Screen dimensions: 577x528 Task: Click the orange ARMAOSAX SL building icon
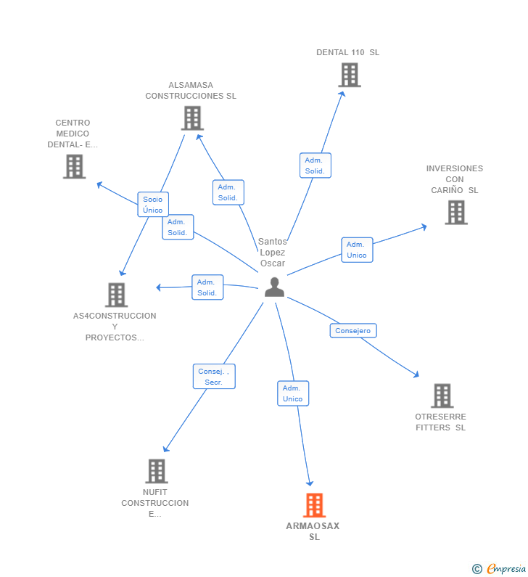(x=314, y=505)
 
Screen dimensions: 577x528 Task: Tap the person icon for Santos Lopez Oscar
(x=274, y=287)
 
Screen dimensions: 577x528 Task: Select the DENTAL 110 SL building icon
(x=349, y=75)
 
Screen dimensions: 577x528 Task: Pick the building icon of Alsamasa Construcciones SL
(x=192, y=118)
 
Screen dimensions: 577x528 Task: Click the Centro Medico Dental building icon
(x=74, y=166)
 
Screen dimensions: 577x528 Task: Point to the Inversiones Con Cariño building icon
(x=455, y=213)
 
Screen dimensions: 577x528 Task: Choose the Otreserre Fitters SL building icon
(x=442, y=396)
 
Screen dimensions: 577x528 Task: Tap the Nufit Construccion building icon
(x=156, y=471)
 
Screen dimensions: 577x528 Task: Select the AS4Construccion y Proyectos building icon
(x=116, y=295)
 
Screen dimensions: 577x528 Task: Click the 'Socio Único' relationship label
(x=153, y=205)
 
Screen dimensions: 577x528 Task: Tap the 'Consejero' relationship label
(x=353, y=331)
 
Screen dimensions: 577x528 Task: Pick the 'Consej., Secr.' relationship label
(x=213, y=377)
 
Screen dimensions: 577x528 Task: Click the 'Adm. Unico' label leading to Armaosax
(x=293, y=393)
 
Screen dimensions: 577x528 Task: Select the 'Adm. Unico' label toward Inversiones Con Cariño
(x=357, y=250)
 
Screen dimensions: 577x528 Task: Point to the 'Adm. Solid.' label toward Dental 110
(x=315, y=165)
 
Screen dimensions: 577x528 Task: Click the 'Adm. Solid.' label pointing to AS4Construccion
(x=207, y=287)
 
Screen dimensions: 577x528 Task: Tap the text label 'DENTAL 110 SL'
(x=347, y=52)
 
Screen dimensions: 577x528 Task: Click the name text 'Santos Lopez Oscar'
(x=272, y=253)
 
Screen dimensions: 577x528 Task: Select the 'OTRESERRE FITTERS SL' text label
(x=441, y=422)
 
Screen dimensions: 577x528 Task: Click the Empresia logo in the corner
(x=500, y=569)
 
